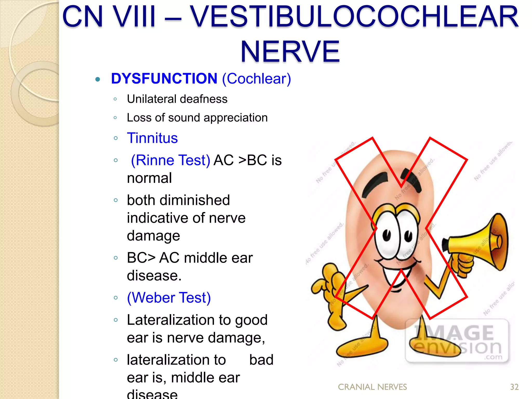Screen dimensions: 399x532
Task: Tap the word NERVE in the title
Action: [290, 51]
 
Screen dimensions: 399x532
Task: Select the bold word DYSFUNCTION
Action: [164, 78]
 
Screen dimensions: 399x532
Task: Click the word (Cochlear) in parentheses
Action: [256, 78]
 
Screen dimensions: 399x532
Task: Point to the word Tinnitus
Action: [152, 138]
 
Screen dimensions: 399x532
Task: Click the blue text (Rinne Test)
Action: [170, 160]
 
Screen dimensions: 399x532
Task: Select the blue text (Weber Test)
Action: [169, 297]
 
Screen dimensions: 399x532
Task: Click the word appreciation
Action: [236, 118]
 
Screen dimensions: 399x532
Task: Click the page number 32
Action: [514, 387]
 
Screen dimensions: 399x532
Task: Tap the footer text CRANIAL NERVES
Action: [372, 387]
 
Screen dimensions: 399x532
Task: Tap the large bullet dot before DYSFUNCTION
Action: [98, 79]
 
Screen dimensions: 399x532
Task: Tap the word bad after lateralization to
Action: [261, 360]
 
